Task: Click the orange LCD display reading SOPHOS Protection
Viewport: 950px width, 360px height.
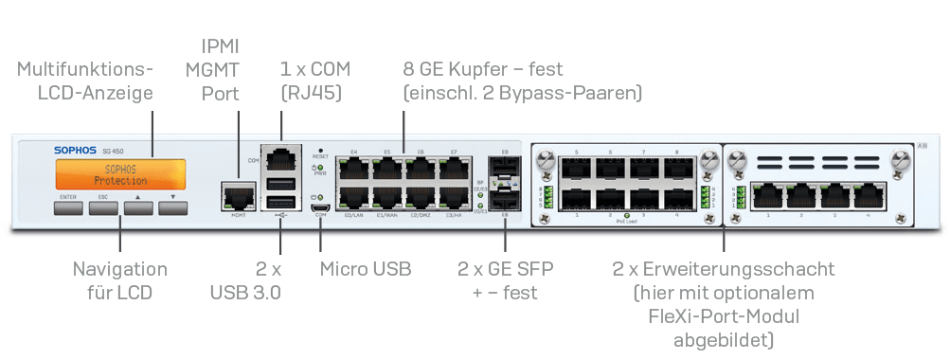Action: (120, 174)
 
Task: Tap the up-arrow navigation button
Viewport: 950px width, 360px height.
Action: (138, 204)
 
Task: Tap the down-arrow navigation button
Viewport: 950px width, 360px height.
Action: (173, 204)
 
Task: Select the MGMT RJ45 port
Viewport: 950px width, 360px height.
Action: (238, 196)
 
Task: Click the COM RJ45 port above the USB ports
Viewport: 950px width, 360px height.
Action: (281, 157)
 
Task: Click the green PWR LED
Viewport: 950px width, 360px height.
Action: (321, 168)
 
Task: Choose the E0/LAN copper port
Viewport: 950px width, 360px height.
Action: (353, 198)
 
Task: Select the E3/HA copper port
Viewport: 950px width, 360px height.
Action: (454, 198)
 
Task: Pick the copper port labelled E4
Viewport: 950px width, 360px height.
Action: (353, 169)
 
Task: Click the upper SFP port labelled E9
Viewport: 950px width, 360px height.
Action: (505, 168)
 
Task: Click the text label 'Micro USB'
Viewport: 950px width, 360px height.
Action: (365, 269)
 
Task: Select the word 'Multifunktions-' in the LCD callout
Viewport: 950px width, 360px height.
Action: (84, 69)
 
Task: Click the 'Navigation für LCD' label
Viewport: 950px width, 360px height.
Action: (120, 280)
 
